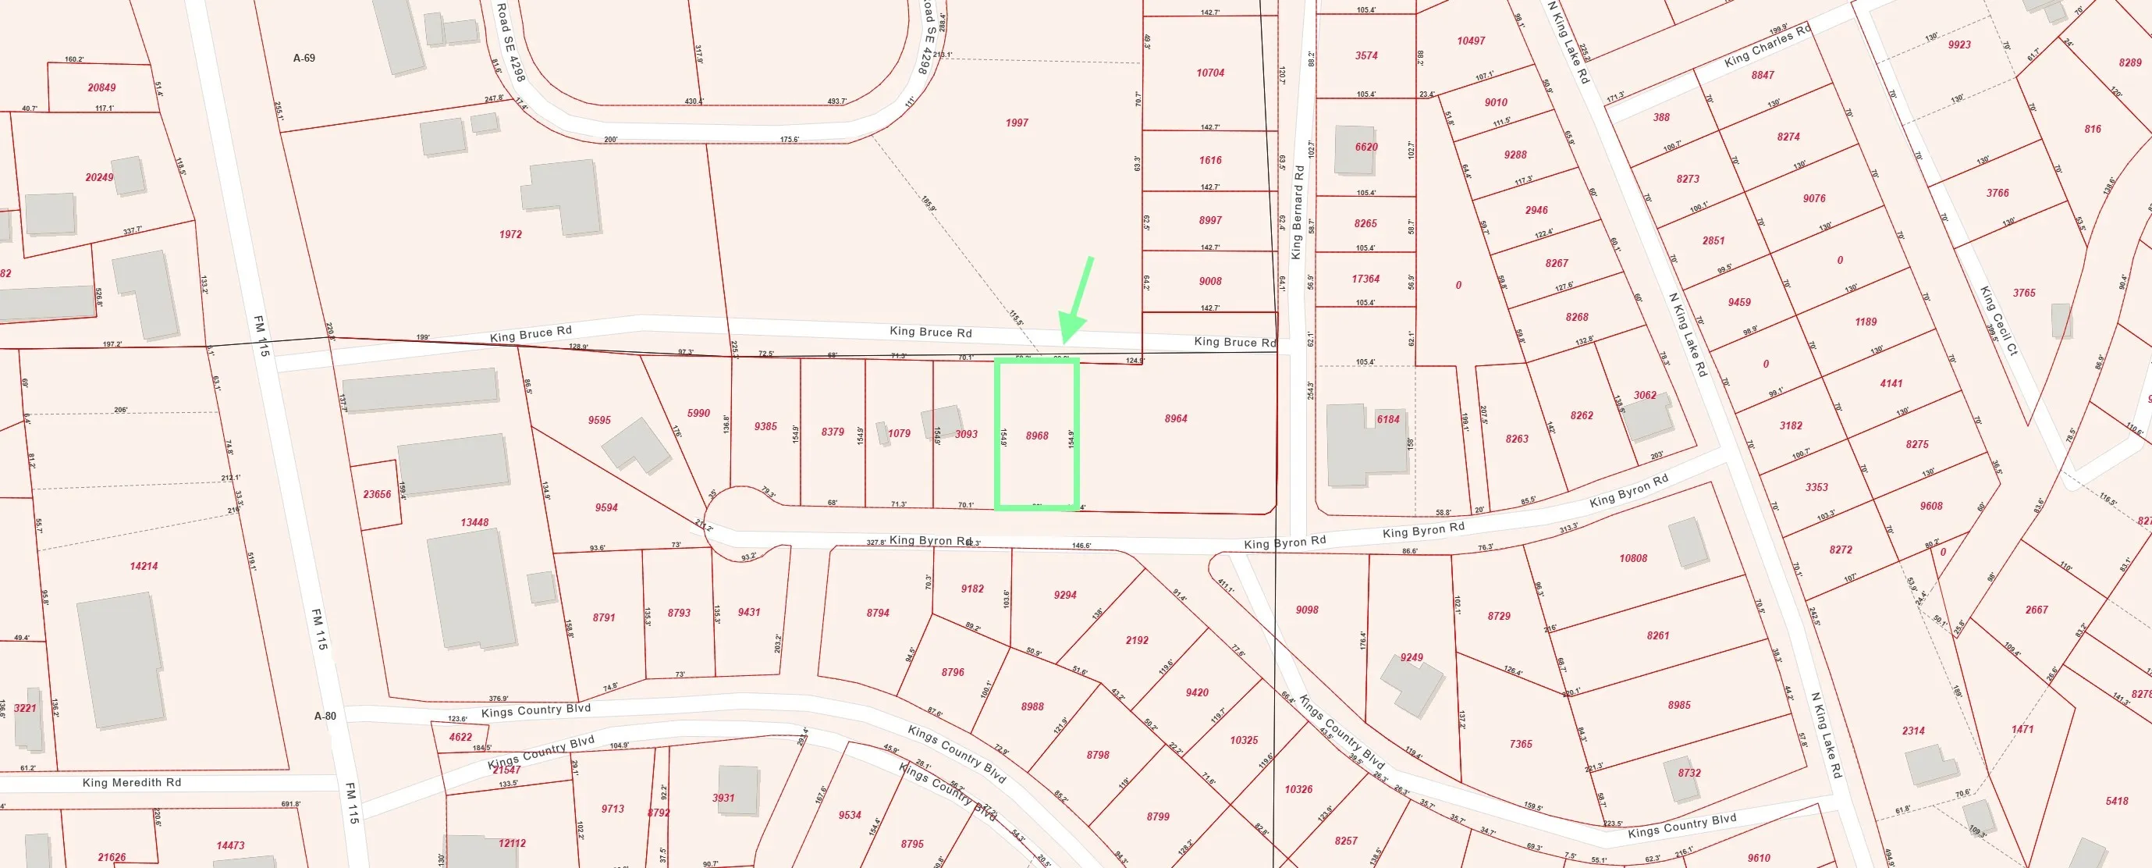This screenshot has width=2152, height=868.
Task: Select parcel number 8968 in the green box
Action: click(1037, 436)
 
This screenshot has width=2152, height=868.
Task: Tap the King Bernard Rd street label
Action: click(1298, 212)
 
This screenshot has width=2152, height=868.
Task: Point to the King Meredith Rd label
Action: click(132, 783)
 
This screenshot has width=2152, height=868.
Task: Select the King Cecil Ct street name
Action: click(1999, 321)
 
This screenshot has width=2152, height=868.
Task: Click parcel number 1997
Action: click(1017, 123)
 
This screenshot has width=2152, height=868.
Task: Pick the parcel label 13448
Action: click(474, 522)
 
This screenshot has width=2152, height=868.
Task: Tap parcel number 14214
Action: click(144, 566)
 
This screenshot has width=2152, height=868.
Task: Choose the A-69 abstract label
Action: click(304, 59)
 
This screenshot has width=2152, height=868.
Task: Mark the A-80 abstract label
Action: click(325, 716)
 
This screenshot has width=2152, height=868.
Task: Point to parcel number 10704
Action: click(1209, 73)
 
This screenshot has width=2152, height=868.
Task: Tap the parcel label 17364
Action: click(1366, 279)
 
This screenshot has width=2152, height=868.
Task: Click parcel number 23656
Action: click(377, 494)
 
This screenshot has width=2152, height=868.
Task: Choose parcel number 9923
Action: click(1959, 44)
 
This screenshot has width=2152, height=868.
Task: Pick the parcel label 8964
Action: click(1175, 418)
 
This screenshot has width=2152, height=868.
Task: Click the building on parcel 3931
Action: click(737, 788)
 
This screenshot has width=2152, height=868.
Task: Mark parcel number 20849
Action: click(102, 87)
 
